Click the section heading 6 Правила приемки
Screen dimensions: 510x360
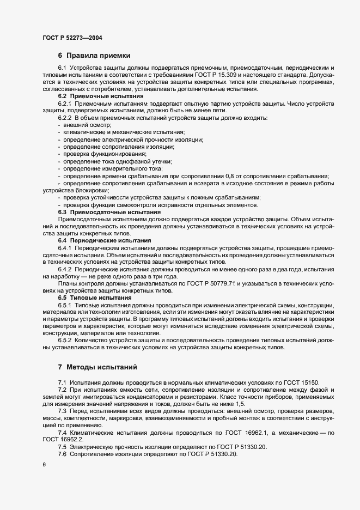pyautogui.click(x=94, y=56)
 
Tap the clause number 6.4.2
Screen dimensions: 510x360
pyautogui.click(x=65, y=269)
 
